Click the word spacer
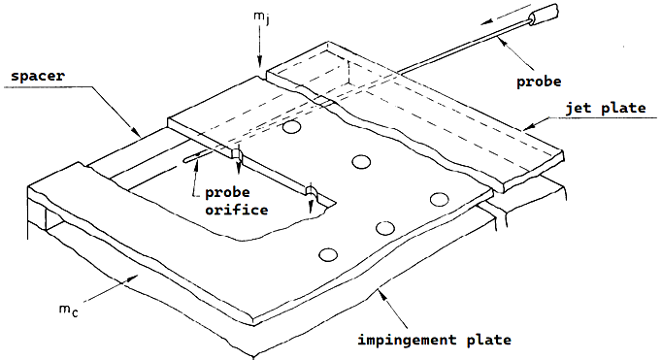[x=38, y=77]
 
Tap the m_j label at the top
[x=260, y=17]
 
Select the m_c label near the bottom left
[x=68, y=311]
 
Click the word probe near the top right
[x=539, y=82]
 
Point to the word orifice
[x=237, y=210]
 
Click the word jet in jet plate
[x=579, y=108]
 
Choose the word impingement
[x=401, y=341]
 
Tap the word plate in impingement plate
[x=489, y=340]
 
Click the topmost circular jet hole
[x=291, y=127]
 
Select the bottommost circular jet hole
[x=328, y=254]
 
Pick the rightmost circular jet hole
[x=439, y=199]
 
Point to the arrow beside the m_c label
[x=113, y=288]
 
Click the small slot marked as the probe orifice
[x=197, y=157]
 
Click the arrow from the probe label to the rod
[x=515, y=52]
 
